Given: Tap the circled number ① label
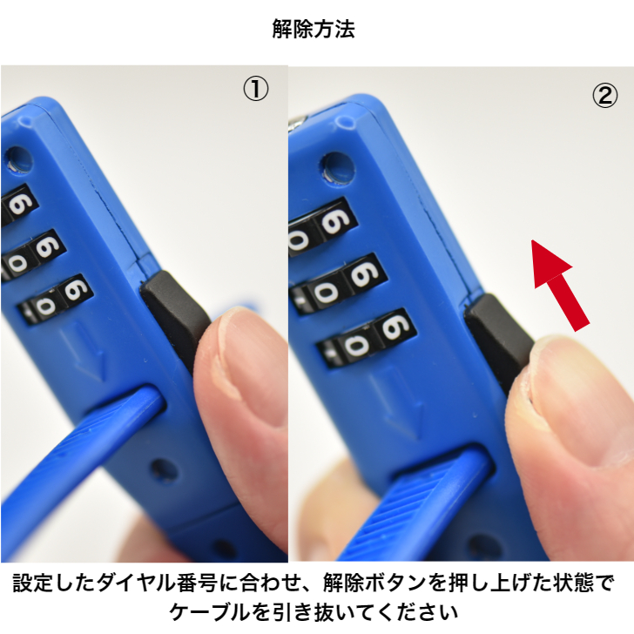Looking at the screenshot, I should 254,90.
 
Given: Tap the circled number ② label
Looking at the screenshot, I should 604,96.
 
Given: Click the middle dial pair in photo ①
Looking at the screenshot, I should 33,253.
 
